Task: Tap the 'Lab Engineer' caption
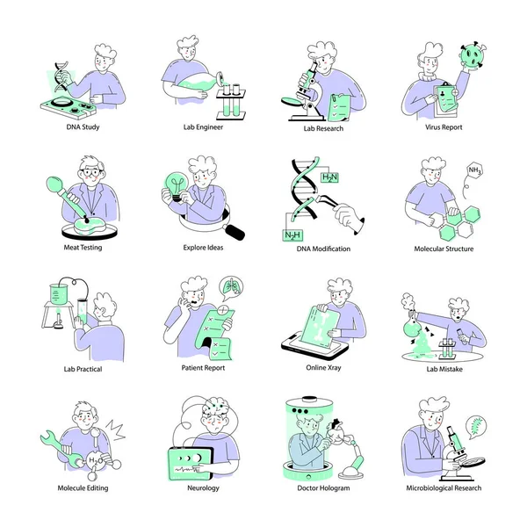tap(203, 127)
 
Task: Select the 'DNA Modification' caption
tap(323, 249)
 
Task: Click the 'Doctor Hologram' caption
tap(323, 487)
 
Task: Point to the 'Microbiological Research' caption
tap(444, 487)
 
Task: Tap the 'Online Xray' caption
tap(323, 368)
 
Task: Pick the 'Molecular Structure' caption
tap(444, 249)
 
